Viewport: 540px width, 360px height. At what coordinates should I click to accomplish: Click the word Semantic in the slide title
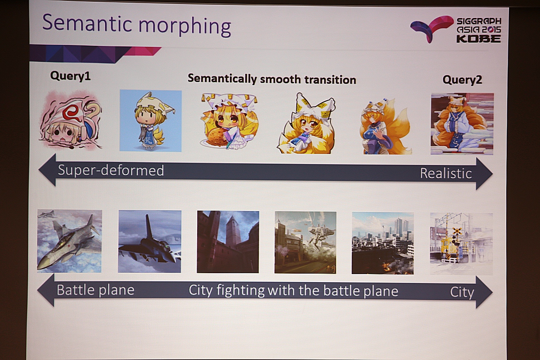(87, 22)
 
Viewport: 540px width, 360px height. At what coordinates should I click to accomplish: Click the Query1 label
(70, 76)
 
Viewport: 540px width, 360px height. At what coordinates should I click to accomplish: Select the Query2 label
(462, 80)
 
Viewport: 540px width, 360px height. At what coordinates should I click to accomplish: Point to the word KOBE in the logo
(479, 39)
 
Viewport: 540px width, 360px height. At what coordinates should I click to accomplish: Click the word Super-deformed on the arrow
(111, 170)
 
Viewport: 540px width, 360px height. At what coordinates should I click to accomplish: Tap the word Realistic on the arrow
(446, 173)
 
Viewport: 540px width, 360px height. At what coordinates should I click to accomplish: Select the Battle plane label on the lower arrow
(95, 290)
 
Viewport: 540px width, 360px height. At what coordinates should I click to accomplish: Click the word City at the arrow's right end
(462, 293)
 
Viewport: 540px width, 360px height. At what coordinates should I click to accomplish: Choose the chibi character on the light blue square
(150, 121)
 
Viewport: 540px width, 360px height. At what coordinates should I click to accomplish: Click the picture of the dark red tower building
(228, 242)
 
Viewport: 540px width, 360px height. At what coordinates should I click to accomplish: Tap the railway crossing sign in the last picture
(457, 231)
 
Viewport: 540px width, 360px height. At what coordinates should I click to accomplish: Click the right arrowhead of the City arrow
(484, 292)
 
